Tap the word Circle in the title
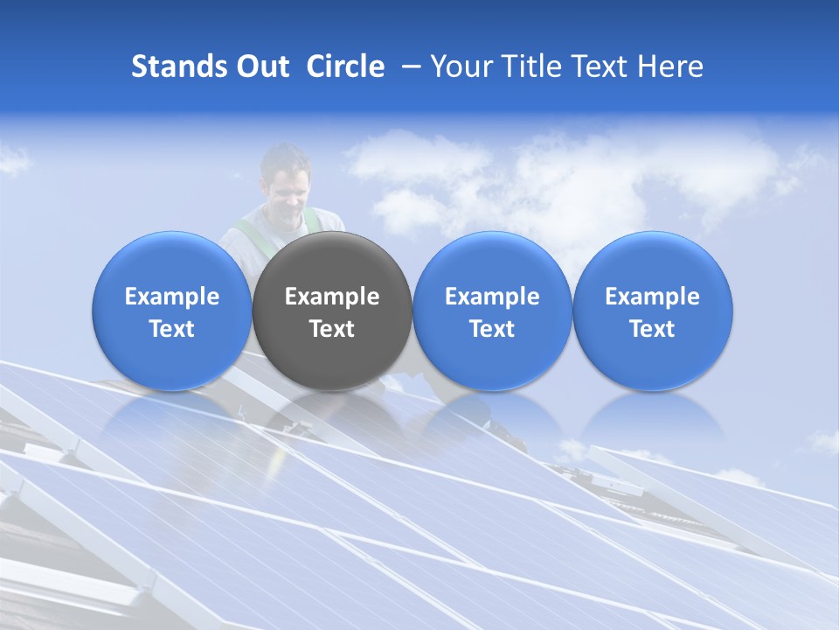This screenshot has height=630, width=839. pyautogui.click(x=345, y=66)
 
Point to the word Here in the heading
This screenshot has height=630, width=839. pyautogui.click(x=670, y=66)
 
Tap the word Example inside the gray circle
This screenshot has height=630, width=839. pyautogui.click(x=332, y=297)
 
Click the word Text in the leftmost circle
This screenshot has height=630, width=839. pyautogui.click(x=172, y=329)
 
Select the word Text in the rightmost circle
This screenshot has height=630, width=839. pyautogui.click(x=652, y=329)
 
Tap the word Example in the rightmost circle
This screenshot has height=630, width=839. pyautogui.click(x=652, y=297)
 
